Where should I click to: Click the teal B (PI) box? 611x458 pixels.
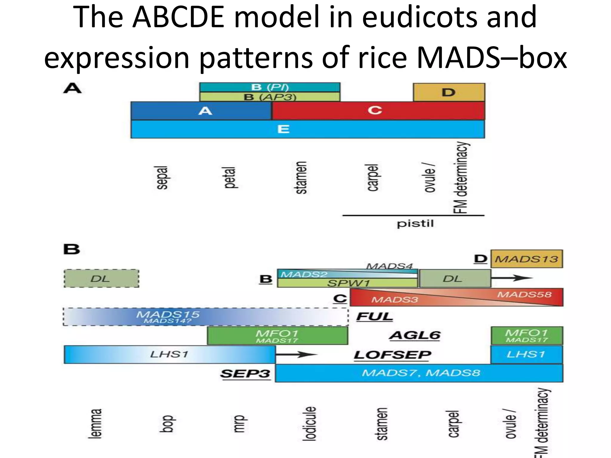pyautogui.click(x=270, y=87)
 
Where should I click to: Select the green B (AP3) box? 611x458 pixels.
pyautogui.click(x=270, y=97)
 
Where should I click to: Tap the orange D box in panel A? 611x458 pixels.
pyautogui.click(x=449, y=92)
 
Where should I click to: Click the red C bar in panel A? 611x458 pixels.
pyautogui.click(x=378, y=111)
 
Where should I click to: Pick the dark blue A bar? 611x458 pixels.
pyautogui.click(x=201, y=111)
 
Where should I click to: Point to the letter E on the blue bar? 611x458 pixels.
pyautogui.click(x=283, y=129)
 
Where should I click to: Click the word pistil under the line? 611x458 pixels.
pyautogui.click(x=415, y=224)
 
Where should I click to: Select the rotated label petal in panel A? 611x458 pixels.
pyautogui.click(x=230, y=178)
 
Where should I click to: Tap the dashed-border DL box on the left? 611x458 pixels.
pyautogui.click(x=101, y=279)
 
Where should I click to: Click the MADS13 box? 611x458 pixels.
pyautogui.click(x=527, y=259)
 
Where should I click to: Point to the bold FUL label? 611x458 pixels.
pyautogui.click(x=374, y=317)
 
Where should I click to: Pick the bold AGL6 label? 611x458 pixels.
pyautogui.click(x=415, y=335)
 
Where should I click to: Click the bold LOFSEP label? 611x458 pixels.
pyautogui.click(x=392, y=355)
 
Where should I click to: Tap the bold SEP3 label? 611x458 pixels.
pyautogui.click(x=245, y=374)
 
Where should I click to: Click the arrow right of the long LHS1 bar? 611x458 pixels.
pyautogui.click(x=297, y=355)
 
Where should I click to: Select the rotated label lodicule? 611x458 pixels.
pyautogui.click(x=309, y=423)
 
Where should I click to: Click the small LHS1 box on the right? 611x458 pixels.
pyautogui.click(x=527, y=355)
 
